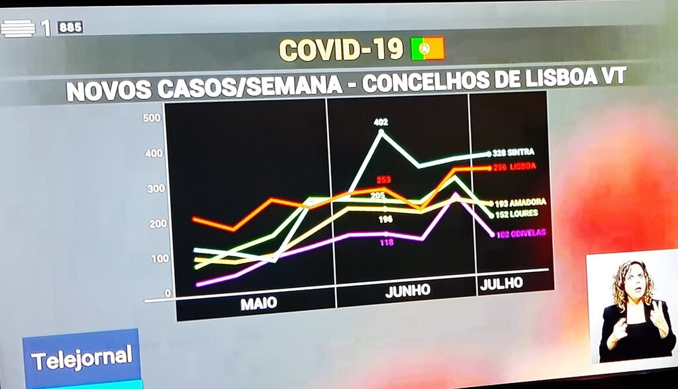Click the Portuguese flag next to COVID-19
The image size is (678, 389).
tap(427, 48)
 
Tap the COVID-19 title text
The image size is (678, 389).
tap(340, 50)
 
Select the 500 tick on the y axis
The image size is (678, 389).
tap(152, 118)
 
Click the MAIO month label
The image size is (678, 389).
tap(258, 304)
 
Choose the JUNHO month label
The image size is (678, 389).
tap(407, 290)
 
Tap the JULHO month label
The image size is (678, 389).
tap(501, 283)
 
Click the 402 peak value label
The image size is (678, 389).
tap(381, 122)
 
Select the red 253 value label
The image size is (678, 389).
tap(383, 179)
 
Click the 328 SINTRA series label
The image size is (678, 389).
tap(513, 152)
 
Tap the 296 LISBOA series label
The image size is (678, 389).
tap(514, 167)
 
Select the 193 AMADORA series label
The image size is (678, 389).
tap(519, 202)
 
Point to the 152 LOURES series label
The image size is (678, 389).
tap(515, 214)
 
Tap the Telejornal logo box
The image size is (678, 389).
tap(81, 358)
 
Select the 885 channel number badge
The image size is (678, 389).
tap(70, 27)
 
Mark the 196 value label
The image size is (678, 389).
tap(386, 219)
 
